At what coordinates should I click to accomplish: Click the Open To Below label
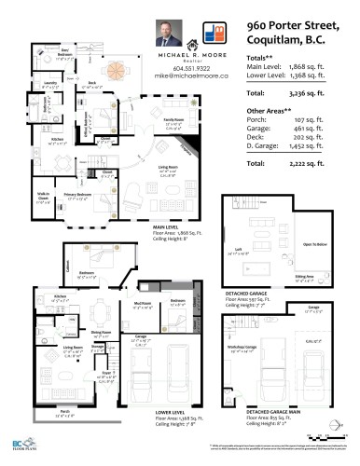pos(314,244)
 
